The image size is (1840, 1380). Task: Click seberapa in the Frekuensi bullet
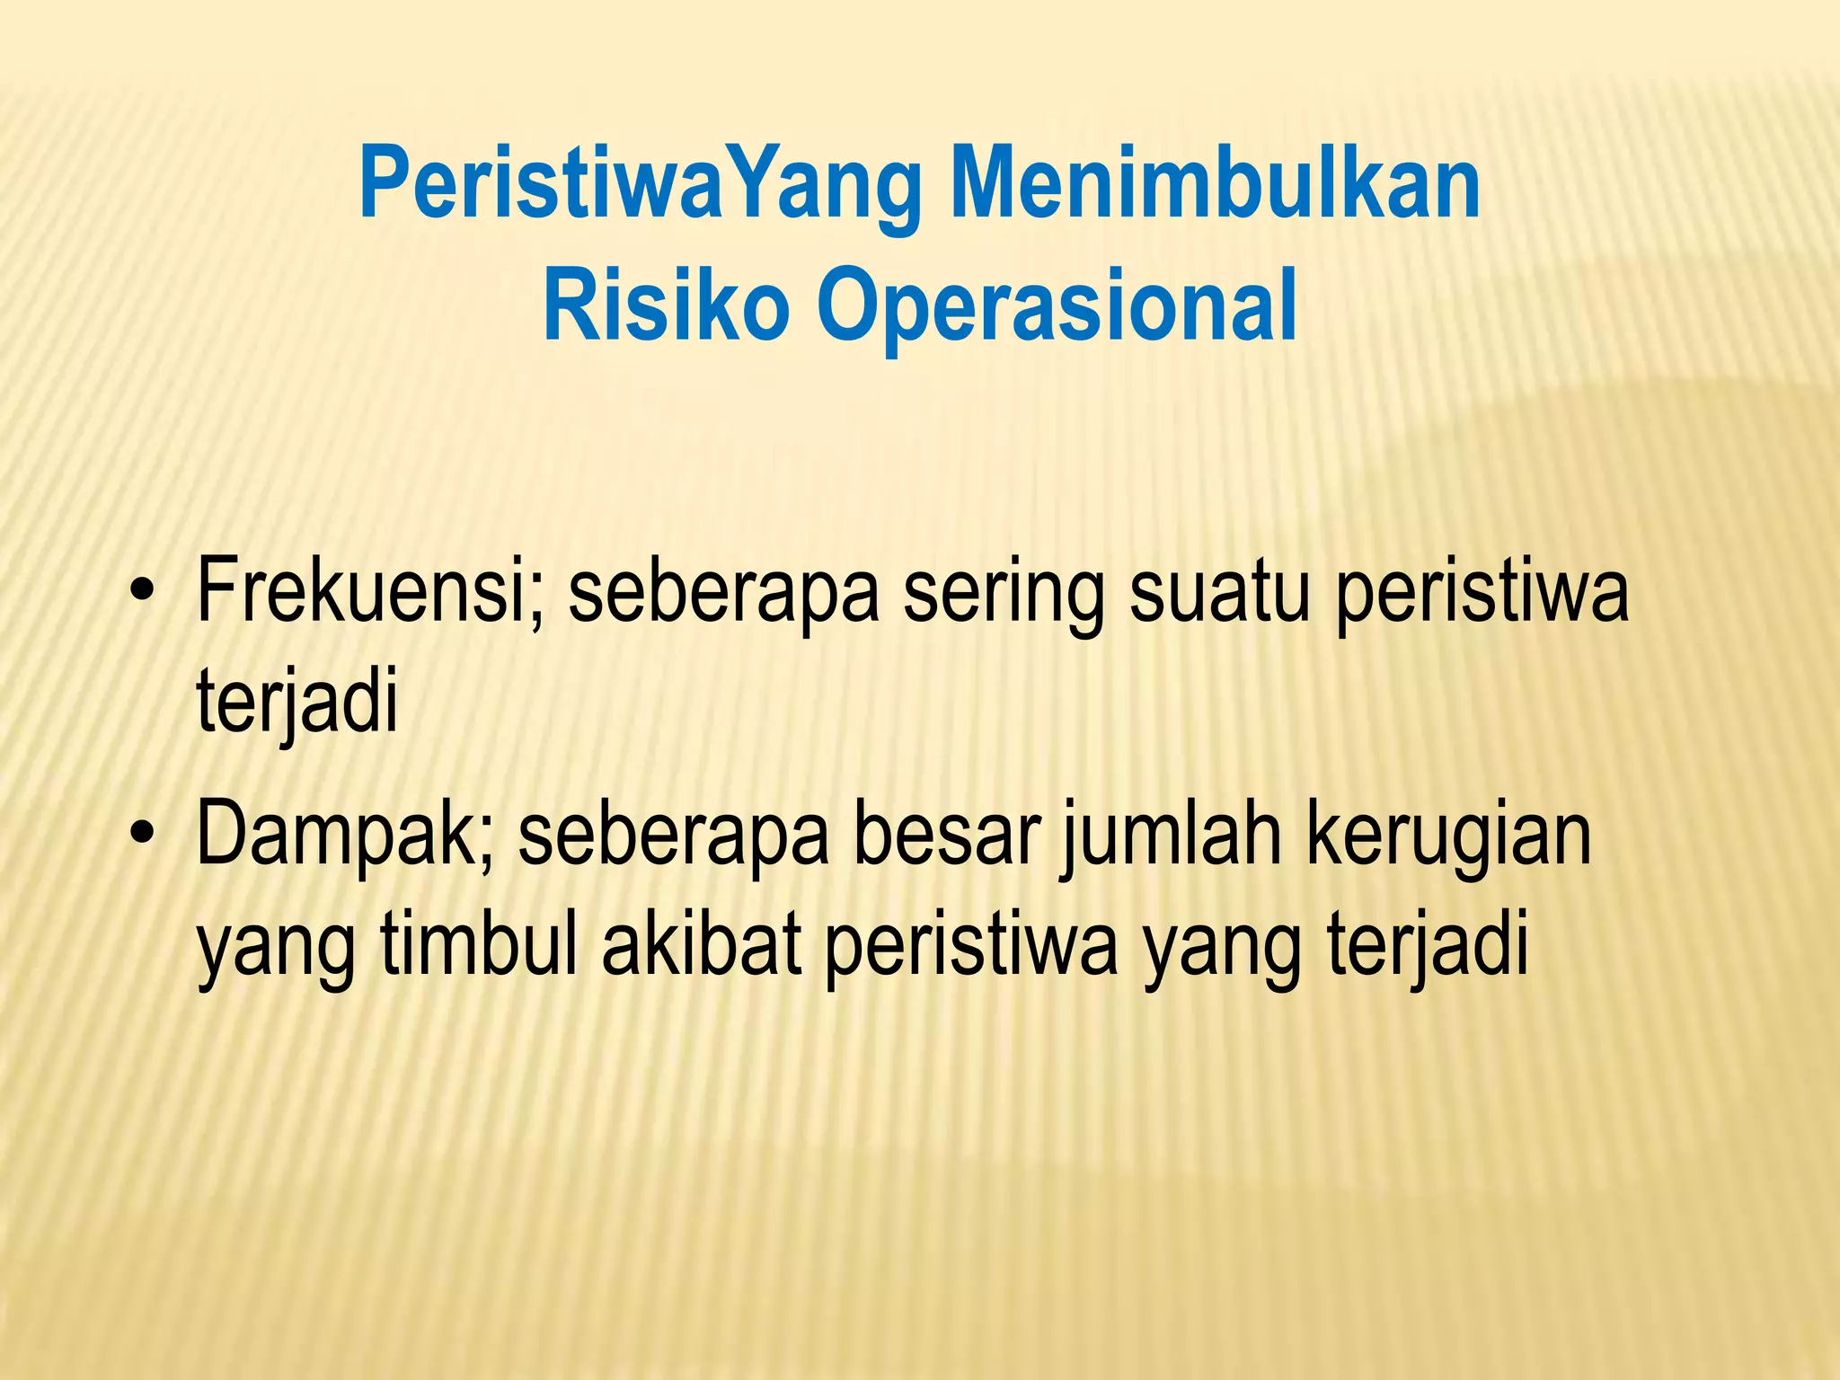(x=724, y=594)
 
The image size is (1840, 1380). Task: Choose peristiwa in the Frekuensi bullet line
(x=1482, y=594)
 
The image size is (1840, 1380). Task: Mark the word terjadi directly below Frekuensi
(x=296, y=702)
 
